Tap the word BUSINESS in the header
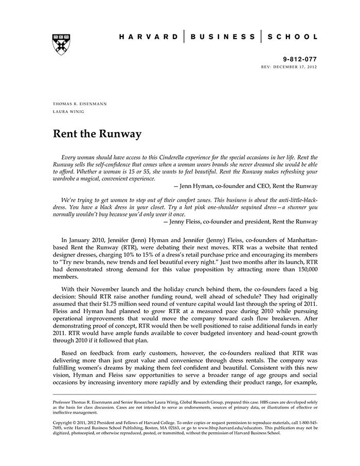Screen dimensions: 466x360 point(223,37)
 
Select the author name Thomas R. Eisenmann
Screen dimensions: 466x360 point(80,103)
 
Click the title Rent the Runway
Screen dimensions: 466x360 point(97,135)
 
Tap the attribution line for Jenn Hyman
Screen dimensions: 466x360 point(246,186)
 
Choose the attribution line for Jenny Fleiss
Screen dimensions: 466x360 point(240,222)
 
